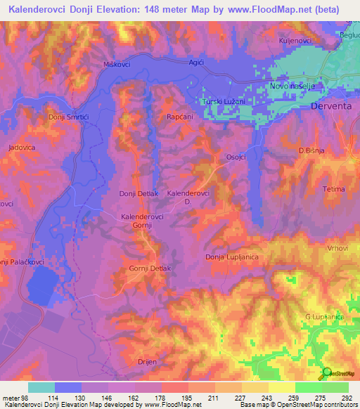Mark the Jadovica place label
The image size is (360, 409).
click(x=22, y=148)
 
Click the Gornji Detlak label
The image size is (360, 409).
click(x=150, y=268)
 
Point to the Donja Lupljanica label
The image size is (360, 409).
click(x=232, y=257)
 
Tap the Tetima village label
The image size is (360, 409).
click(x=334, y=189)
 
